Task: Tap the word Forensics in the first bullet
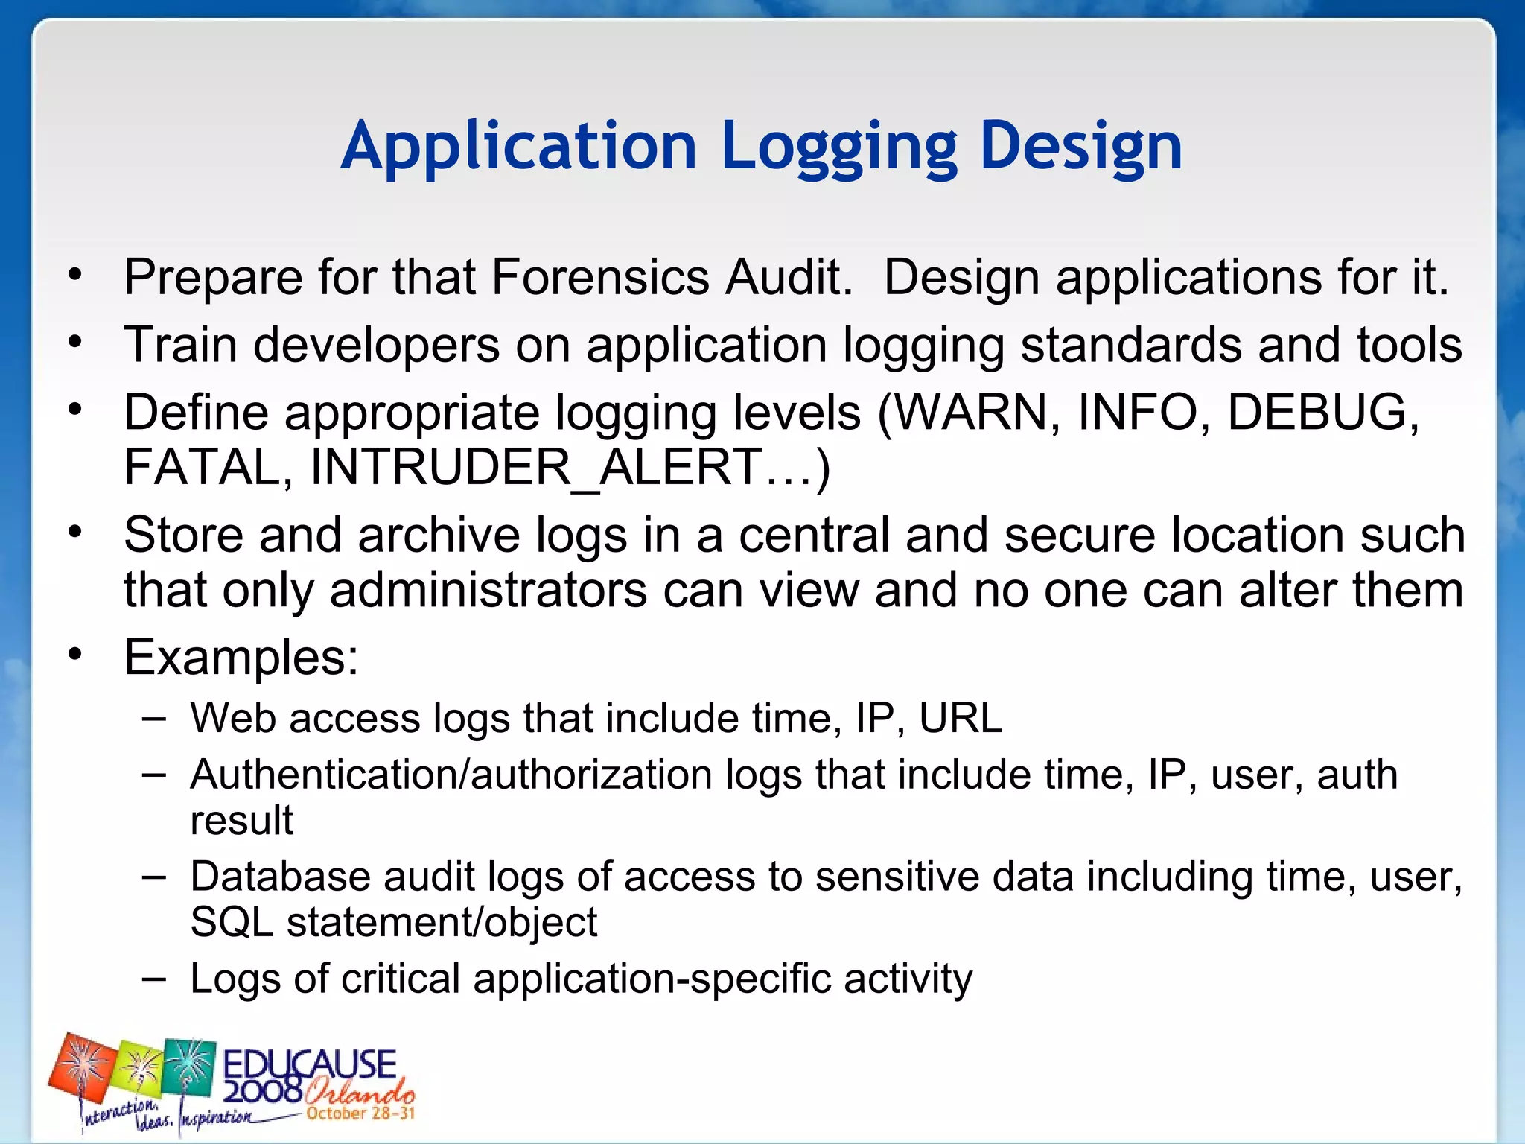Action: pyautogui.click(x=600, y=278)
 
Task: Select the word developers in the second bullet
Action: pyautogui.click(x=377, y=346)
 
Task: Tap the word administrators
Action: pyautogui.click(x=488, y=590)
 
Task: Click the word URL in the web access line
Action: pyautogui.click(x=961, y=718)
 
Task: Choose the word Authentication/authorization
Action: pyautogui.click(x=451, y=775)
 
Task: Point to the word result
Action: pyautogui.click(x=241, y=820)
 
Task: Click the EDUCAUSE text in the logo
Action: pyautogui.click(x=310, y=1064)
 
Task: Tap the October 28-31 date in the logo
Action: pyautogui.click(x=360, y=1113)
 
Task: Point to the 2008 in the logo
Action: pyautogui.click(x=263, y=1091)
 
